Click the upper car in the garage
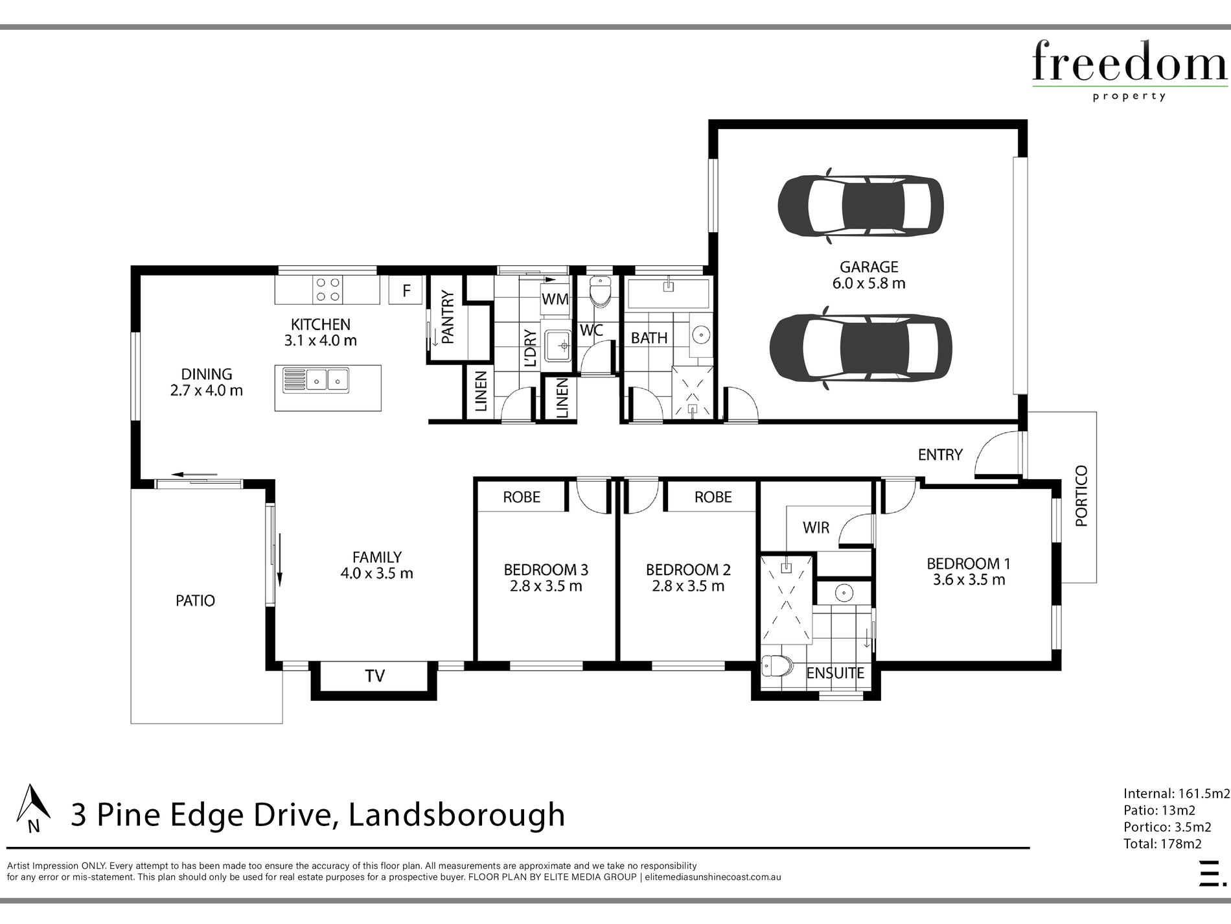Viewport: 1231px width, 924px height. [860, 206]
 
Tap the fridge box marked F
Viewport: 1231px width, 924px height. [406, 290]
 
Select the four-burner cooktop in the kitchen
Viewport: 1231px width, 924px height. [328, 290]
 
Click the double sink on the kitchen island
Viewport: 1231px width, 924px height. [316, 380]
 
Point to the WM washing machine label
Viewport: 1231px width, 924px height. [555, 299]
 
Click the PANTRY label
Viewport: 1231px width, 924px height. [447, 316]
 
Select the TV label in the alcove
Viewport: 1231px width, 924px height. [374, 676]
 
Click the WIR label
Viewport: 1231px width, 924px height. [816, 527]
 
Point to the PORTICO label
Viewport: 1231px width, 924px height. [1081, 496]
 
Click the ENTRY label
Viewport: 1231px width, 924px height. [940, 455]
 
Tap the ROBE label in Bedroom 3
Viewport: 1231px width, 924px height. [522, 497]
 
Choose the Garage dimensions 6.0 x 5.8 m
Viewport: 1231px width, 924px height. [869, 283]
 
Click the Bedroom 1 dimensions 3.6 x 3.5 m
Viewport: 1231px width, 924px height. [969, 580]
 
